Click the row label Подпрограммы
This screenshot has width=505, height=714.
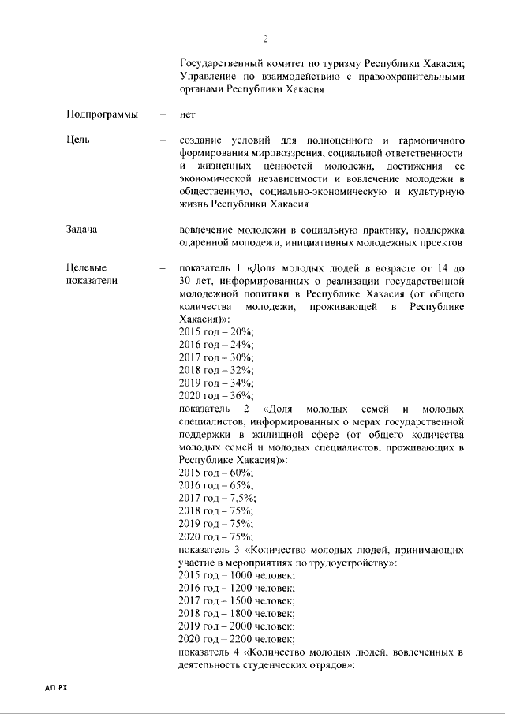[102, 114]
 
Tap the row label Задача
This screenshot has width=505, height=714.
[83, 230]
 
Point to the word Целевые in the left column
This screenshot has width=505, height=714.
[86, 267]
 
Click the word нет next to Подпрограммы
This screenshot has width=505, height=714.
[188, 114]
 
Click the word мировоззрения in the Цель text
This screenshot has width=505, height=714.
[289, 152]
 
